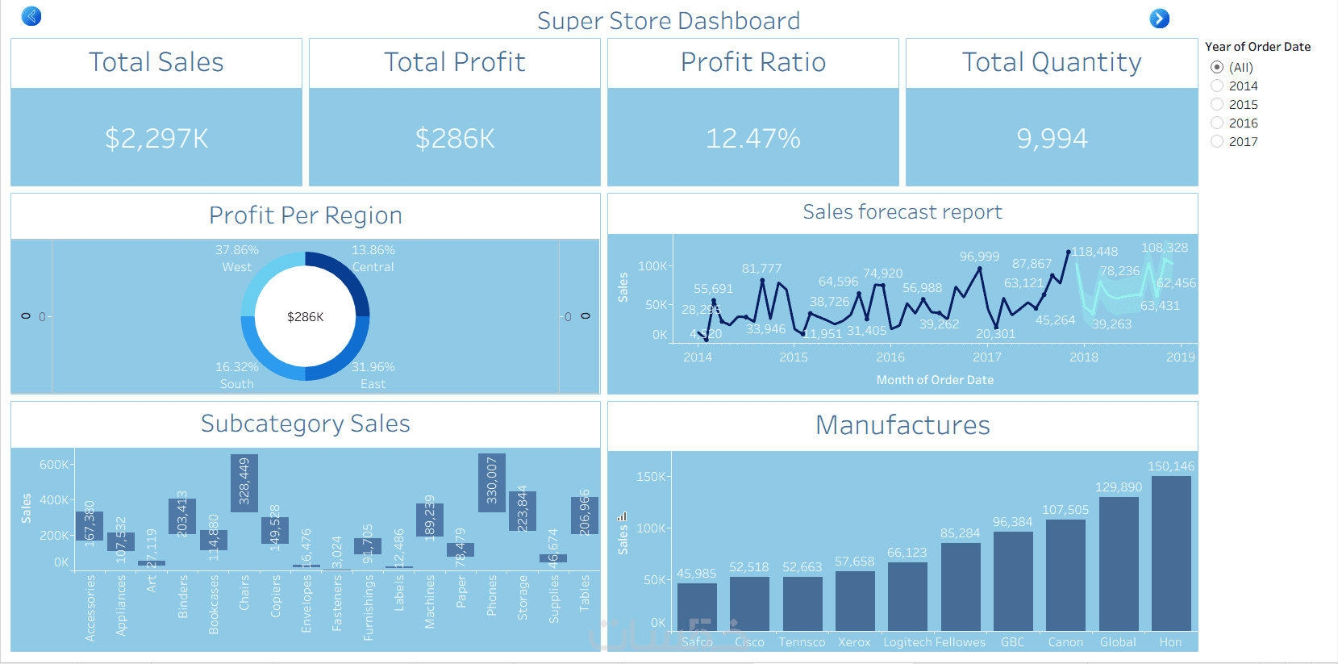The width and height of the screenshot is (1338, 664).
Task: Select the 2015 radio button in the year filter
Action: point(1217,105)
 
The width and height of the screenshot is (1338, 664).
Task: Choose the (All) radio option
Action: point(1217,67)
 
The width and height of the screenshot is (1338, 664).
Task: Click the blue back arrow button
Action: point(31,16)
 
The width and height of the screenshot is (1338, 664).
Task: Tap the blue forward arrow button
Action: point(1159,19)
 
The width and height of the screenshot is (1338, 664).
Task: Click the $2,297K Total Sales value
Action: point(156,139)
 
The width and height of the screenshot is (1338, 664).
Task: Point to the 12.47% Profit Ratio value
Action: point(753,139)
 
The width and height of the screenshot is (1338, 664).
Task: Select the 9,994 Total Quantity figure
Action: point(1052,139)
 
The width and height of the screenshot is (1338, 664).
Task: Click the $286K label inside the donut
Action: point(305,317)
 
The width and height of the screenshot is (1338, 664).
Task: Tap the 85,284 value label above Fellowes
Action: point(960,533)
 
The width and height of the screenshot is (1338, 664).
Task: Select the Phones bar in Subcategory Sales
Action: point(491,483)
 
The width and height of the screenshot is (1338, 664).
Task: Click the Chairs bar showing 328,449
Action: point(244,483)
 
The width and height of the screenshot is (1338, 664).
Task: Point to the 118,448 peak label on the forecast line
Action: point(1094,252)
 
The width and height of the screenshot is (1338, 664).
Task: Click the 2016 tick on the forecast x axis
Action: point(890,357)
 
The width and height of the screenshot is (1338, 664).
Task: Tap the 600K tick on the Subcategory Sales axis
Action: point(54,465)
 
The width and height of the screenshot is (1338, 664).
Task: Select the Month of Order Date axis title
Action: point(935,380)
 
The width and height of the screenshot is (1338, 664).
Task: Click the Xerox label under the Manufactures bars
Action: point(854,642)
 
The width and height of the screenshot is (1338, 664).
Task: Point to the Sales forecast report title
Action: point(902,212)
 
